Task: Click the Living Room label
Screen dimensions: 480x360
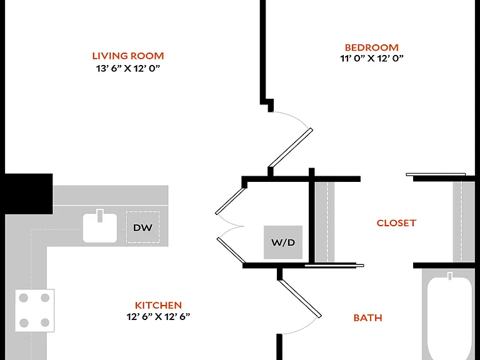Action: (128, 56)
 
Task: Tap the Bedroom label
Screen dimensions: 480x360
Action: (372, 47)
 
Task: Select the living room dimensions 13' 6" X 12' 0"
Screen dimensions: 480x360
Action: (128, 68)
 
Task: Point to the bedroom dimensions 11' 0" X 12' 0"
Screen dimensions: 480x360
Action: (372, 58)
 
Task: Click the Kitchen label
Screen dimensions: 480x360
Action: (158, 305)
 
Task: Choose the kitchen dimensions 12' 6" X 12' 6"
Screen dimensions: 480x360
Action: (158, 316)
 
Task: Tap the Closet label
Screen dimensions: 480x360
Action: (396, 223)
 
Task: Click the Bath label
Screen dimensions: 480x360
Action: (367, 317)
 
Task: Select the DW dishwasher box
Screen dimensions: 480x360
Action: (142, 227)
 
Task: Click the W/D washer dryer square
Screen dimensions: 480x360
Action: (283, 242)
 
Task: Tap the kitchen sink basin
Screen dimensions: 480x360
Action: (100, 228)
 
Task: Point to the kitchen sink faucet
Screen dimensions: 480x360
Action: (100, 216)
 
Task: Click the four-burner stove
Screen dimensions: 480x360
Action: (34, 311)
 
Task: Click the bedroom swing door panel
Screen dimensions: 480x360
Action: (290, 148)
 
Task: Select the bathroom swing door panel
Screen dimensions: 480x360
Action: (300, 297)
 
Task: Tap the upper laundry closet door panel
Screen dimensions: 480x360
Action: (231, 201)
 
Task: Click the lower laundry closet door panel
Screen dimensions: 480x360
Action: (231, 251)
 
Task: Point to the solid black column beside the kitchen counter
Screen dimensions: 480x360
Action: (29, 194)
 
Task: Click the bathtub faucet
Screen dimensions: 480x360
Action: (450, 276)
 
